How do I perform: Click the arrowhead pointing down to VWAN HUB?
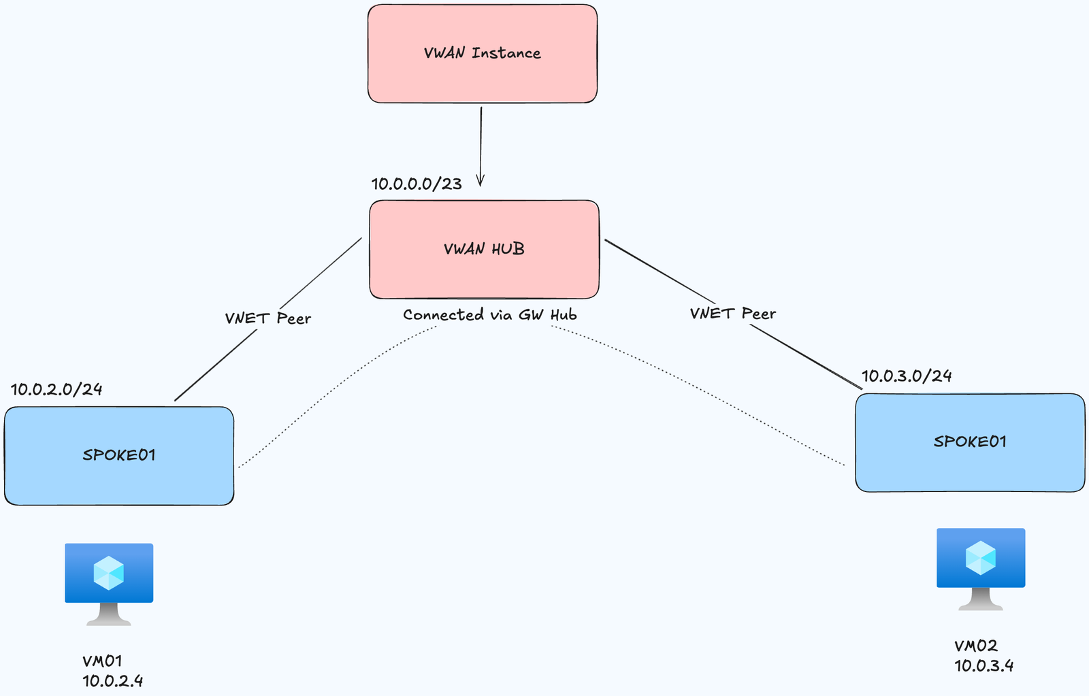coord(481,181)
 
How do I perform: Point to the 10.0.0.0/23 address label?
coord(417,184)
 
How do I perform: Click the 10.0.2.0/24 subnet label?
coord(56,389)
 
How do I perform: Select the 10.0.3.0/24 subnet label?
coord(907,376)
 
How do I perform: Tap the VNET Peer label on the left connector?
coord(267,318)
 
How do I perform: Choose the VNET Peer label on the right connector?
coord(732,314)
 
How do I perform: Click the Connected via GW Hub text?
coord(489,315)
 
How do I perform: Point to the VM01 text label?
coord(102,661)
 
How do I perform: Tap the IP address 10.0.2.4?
coord(113,680)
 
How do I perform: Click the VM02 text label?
coord(975,646)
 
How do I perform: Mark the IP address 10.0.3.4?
coord(984,665)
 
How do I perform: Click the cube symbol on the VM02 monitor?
coord(980,558)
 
